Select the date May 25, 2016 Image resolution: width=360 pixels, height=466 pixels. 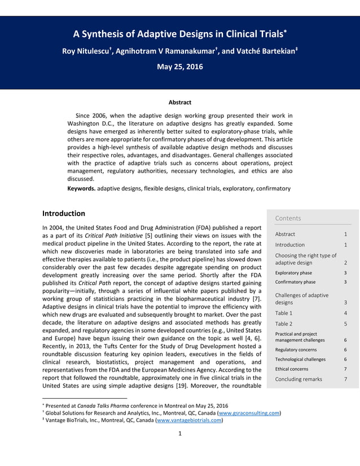(179, 67)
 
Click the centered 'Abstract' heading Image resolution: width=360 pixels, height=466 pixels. (179, 103)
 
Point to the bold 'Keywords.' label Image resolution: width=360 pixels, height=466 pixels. (81, 188)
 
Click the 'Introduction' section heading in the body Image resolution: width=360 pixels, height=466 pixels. (64, 214)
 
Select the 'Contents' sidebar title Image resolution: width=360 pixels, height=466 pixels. (288, 218)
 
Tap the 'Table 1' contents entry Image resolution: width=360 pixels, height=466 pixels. (283, 313)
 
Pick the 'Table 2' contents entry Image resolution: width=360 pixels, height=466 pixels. (283, 324)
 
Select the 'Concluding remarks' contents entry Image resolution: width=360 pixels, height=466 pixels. (298, 379)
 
